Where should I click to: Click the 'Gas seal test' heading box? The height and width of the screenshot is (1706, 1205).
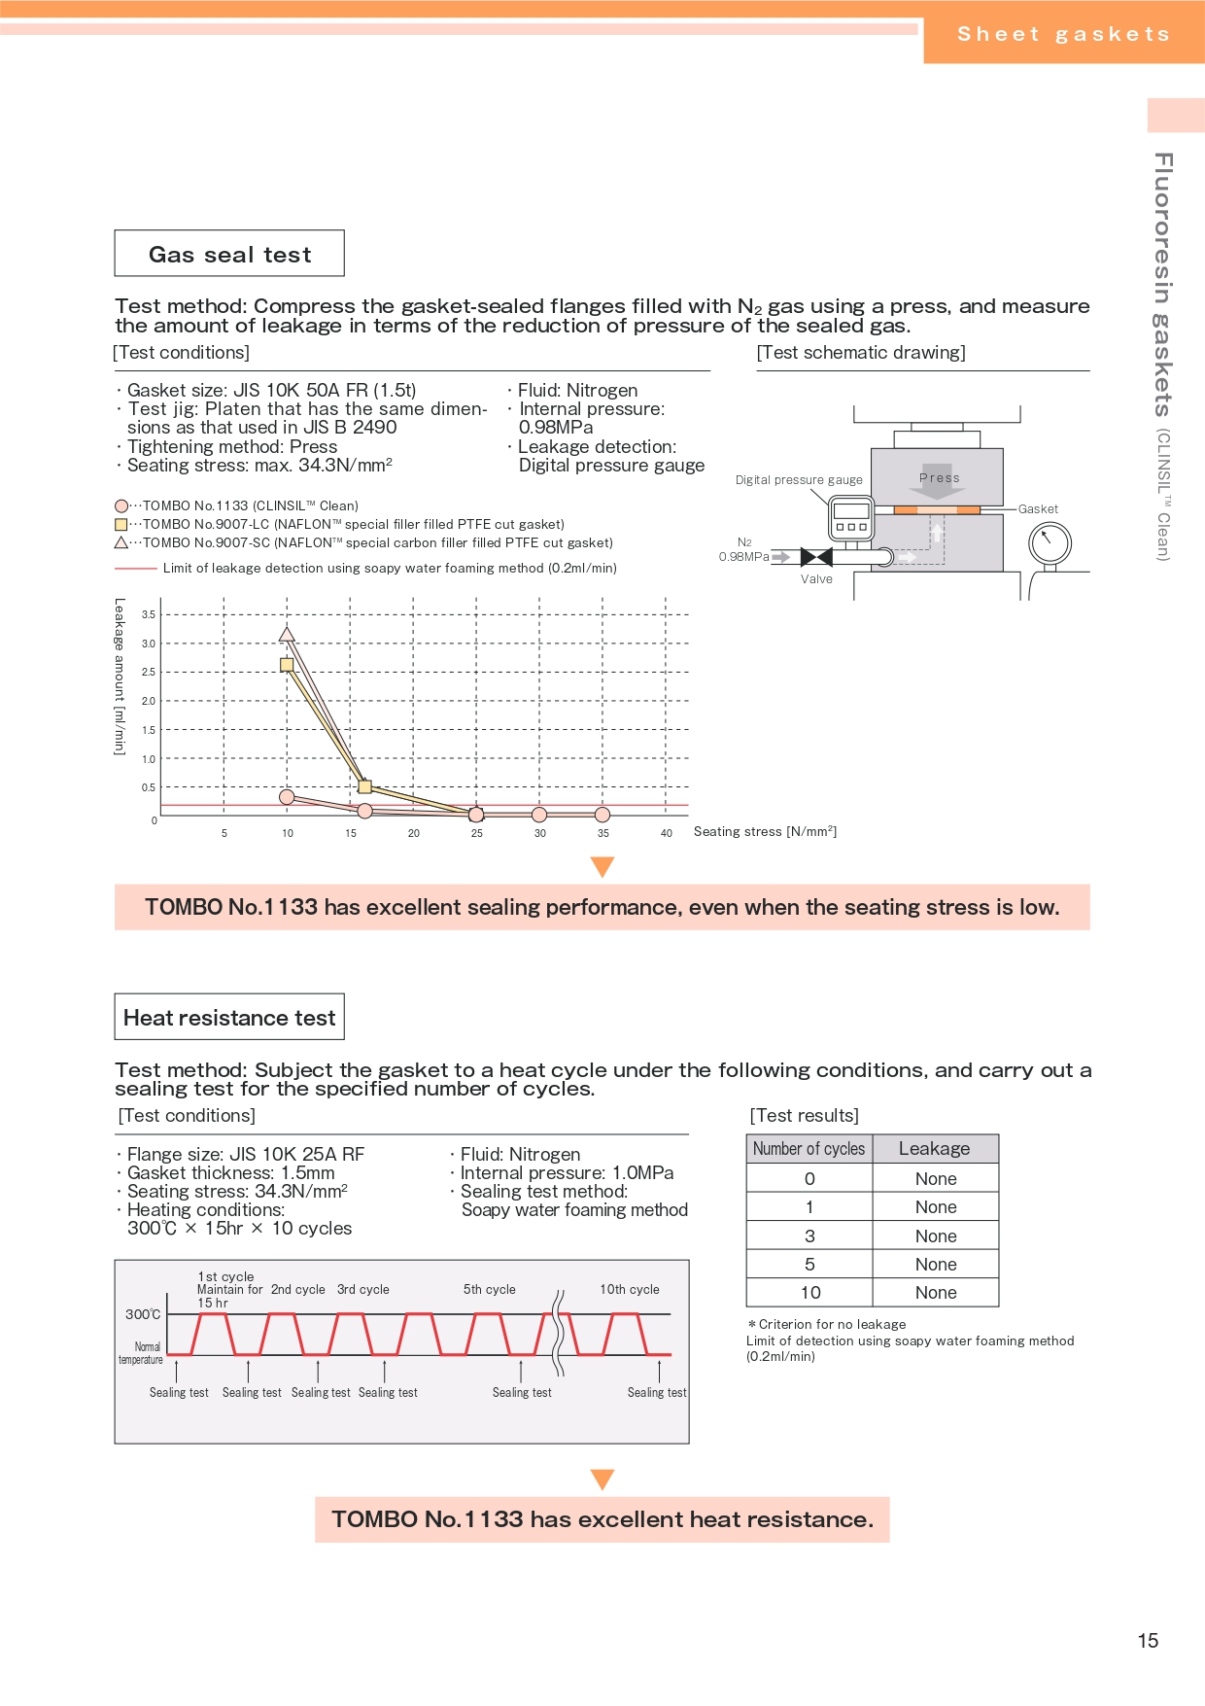click(x=229, y=254)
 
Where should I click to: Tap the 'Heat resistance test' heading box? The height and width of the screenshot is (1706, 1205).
click(x=229, y=1018)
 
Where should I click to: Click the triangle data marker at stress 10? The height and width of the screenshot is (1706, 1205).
click(x=287, y=634)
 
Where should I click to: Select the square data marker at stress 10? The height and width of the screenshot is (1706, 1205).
click(x=287, y=665)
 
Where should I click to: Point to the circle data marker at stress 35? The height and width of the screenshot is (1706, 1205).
click(x=602, y=815)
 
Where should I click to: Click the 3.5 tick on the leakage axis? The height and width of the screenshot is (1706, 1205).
click(x=149, y=614)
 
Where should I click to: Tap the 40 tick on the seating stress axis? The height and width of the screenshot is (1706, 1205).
click(x=667, y=833)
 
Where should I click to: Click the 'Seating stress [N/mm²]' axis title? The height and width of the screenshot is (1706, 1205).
click(x=765, y=831)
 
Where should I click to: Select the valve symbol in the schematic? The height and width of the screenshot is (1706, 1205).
click(x=816, y=557)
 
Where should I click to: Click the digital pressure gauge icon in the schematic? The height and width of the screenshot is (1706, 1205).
click(x=851, y=517)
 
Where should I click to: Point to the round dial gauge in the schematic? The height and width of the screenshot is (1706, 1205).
click(x=1050, y=543)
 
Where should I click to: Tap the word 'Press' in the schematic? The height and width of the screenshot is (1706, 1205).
click(x=939, y=477)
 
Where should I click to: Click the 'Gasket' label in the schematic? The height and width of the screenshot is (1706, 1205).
click(x=1038, y=508)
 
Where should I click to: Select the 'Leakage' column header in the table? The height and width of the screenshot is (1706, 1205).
click(x=935, y=1149)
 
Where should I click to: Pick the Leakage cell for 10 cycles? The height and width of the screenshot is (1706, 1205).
click(x=936, y=1293)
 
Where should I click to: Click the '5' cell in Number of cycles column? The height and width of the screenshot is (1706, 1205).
click(x=809, y=1265)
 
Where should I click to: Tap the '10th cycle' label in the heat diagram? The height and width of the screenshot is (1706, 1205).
click(x=630, y=1289)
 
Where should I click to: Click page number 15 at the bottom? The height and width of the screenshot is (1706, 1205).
click(x=1148, y=1641)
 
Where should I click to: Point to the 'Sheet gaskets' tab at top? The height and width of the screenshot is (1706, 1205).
click(x=1063, y=34)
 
